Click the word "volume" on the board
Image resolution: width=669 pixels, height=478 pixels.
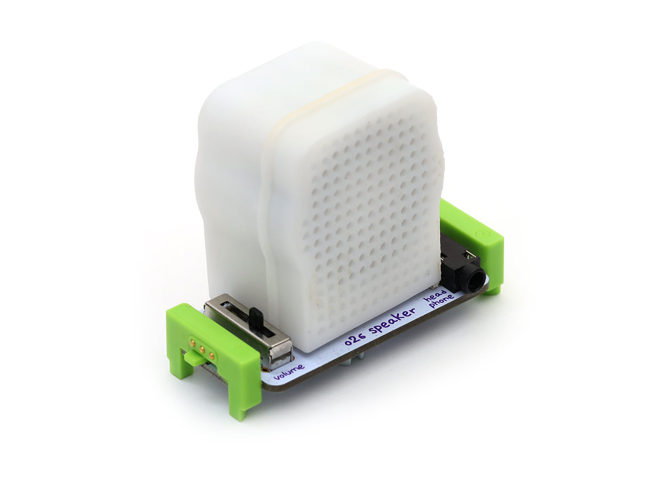[x=290, y=372]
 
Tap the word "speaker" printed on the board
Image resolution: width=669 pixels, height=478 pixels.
[x=392, y=322]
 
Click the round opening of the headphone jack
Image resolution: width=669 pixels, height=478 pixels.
[x=475, y=282]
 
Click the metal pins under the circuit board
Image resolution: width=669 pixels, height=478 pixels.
[x=362, y=357]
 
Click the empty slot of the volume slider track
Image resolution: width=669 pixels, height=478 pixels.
[x=234, y=315]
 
